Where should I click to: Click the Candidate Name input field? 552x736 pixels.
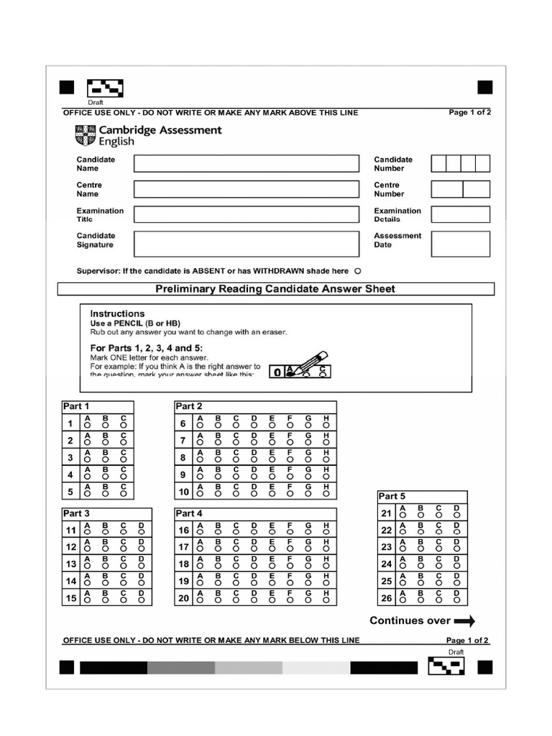pyautogui.click(x=246, y=164)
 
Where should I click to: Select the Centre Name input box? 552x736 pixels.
pyautogui.click(x=246, y=189)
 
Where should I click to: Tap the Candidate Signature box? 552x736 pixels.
pyautogui.click(x=246, y=244)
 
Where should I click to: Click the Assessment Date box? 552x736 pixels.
pyautogui.click(x=460, y=244)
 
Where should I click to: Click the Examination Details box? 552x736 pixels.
pyautogui.click(x=460, y=214)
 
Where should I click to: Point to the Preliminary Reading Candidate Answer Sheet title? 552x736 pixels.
pyautogui.click(x=275, y=289)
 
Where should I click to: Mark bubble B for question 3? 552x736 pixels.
pyautogui.click(x=106, y=461)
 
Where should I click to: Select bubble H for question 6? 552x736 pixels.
pyautogui.click(x=326, y=425)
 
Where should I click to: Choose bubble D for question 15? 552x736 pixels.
pyautogui.click(x=142, y=601)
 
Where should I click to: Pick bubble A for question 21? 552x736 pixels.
pyautogui.click(x=403, y=515)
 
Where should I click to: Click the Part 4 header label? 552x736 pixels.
pyautogui.click(x=189, y=513)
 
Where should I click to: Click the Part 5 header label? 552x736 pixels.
pyautogui.click(x=392, y=496)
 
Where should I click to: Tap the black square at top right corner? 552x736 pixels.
pyautogui.click(x=485, y=88)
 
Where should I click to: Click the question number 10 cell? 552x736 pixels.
pyautogui.click(x=183, y=492)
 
